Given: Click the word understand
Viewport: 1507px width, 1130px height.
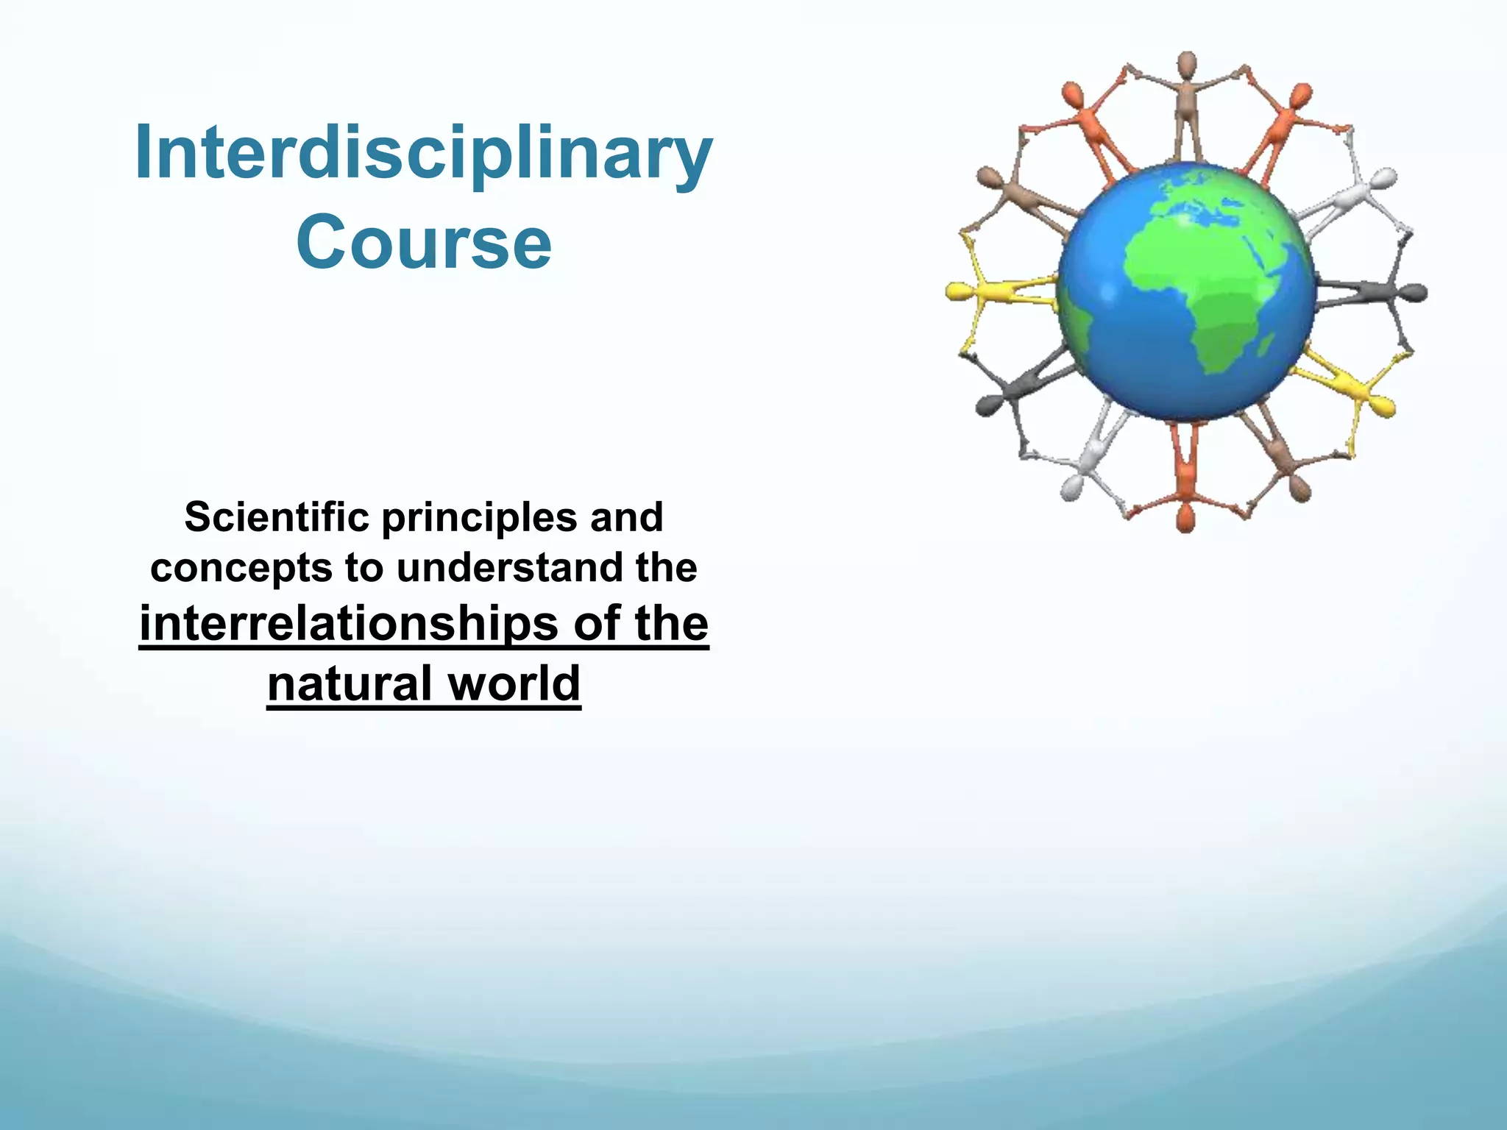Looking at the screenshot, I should tap(510, 568).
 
